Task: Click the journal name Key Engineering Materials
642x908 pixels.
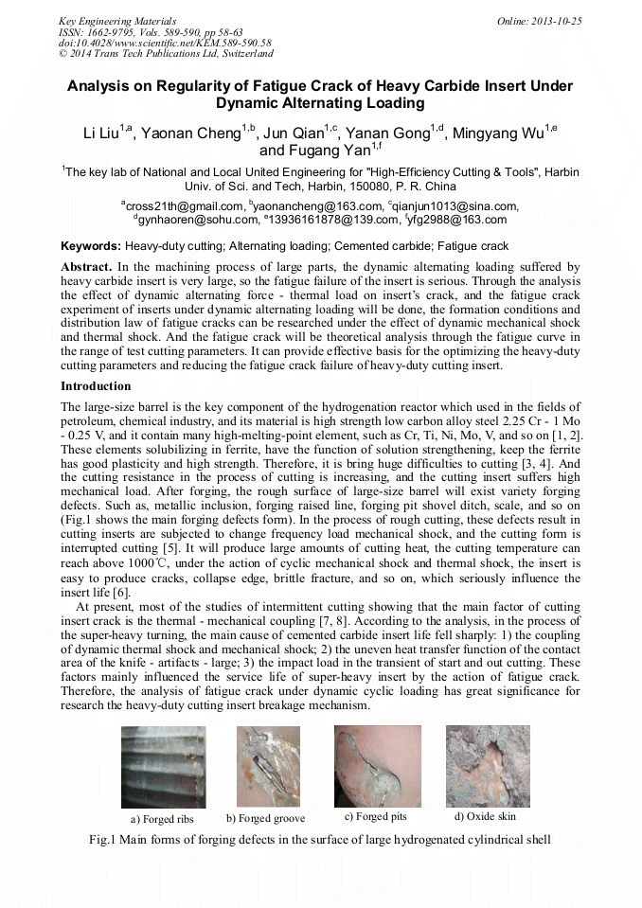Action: pyautogui.click(x=116, y=20)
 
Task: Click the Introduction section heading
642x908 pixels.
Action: pyautogui.click(x=96, y=386)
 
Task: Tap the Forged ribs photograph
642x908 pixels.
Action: pyautogui.click(x=165, y=767)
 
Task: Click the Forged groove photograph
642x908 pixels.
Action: pyautogui.click(x=268, y=766)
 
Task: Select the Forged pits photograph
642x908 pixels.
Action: pyautogui.click(x=377, y=765)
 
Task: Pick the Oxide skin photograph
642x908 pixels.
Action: pyautogui.click(x=487, y=765)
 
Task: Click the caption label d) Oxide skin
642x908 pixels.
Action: pyautogui.click(x=485, y=817)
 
